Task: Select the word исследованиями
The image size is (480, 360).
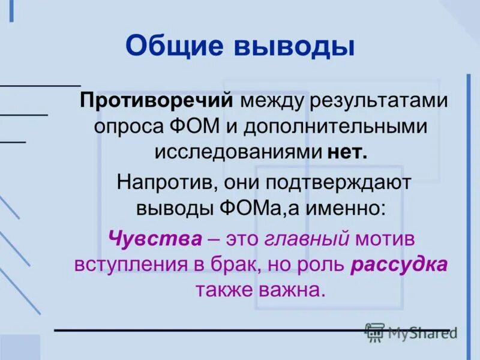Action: point(238,152)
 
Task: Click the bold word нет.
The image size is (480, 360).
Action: point(347,152)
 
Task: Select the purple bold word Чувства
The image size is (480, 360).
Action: point(155,238)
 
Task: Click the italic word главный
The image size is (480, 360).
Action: point(307,238)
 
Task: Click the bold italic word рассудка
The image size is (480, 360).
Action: point(399,264)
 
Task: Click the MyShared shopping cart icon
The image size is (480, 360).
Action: point(375,333)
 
